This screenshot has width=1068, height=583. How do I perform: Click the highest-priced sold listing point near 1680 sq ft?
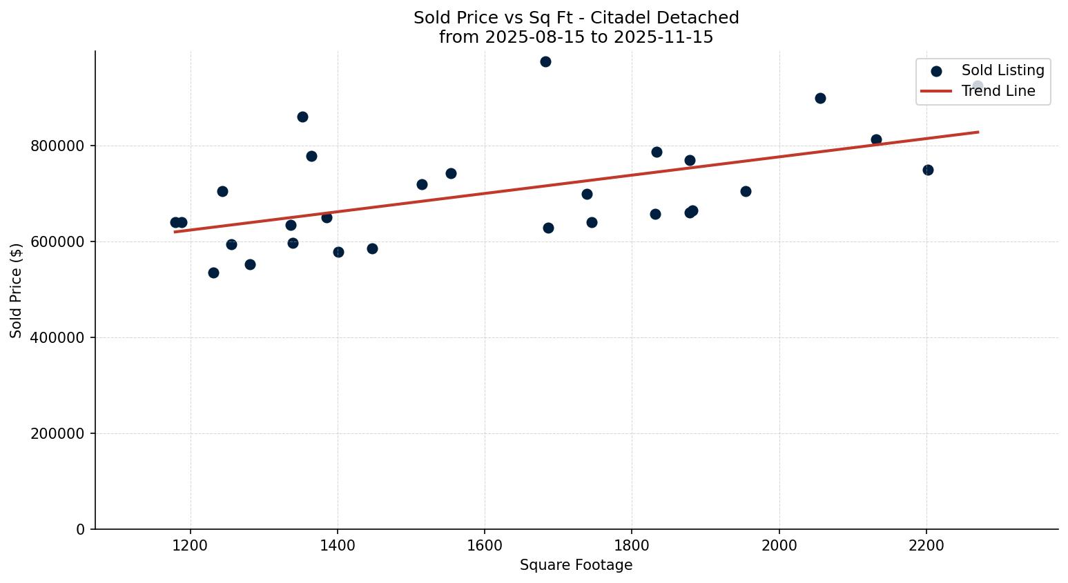[545, 61]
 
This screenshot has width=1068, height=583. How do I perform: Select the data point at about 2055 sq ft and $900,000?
[820, 98]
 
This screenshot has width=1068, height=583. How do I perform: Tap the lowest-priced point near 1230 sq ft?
[213, 273]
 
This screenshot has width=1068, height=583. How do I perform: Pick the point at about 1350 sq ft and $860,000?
[302, 117]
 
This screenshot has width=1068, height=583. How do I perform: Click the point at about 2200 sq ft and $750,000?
[928, 170]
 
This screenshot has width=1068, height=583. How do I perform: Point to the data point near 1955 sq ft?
[746, 191]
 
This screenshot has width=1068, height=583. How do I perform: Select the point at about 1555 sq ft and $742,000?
[451, 173]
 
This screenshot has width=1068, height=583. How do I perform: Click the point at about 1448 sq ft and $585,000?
[372, 248]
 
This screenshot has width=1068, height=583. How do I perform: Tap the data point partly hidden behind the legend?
[978, 86]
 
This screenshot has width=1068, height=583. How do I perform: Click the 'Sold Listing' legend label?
[1002, 70]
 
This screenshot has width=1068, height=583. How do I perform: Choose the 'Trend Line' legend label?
[998, 91]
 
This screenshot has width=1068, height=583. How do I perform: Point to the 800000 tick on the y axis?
[58, 146]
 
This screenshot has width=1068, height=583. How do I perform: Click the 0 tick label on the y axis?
[81, 529]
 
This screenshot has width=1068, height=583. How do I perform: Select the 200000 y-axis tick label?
[58, 434]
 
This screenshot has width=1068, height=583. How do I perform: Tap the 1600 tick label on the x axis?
[485, 545]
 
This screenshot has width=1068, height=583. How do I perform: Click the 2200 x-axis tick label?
[926, 545]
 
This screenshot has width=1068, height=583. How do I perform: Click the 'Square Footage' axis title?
[576, 566]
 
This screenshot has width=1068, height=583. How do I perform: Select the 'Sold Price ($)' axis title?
[17, 290]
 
